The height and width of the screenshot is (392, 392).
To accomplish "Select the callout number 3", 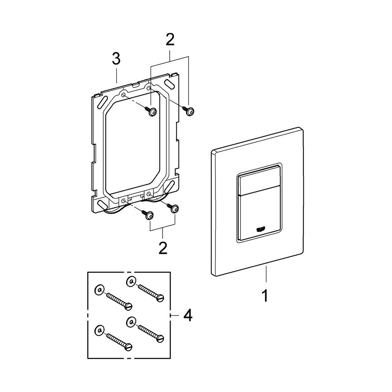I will point(116,60).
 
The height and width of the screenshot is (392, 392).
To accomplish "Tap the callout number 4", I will point(187,316).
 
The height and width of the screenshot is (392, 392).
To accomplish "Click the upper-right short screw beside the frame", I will point(189,112).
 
